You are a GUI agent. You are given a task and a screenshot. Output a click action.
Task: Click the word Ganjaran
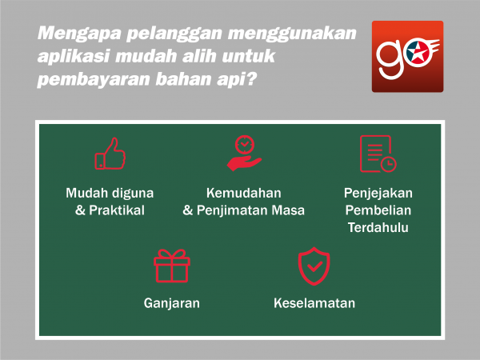172,303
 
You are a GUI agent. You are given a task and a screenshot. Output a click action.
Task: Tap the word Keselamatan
314,303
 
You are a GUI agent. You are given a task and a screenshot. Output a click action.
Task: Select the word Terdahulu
378,227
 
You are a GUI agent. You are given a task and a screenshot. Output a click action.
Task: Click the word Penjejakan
378,194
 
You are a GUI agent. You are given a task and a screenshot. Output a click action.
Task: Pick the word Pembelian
378,210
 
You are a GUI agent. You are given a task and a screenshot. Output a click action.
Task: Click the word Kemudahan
244,193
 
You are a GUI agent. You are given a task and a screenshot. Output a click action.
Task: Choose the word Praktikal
117,210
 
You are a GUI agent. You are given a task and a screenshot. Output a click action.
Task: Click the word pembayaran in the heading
94,80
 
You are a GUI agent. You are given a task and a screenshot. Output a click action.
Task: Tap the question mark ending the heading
250,79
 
